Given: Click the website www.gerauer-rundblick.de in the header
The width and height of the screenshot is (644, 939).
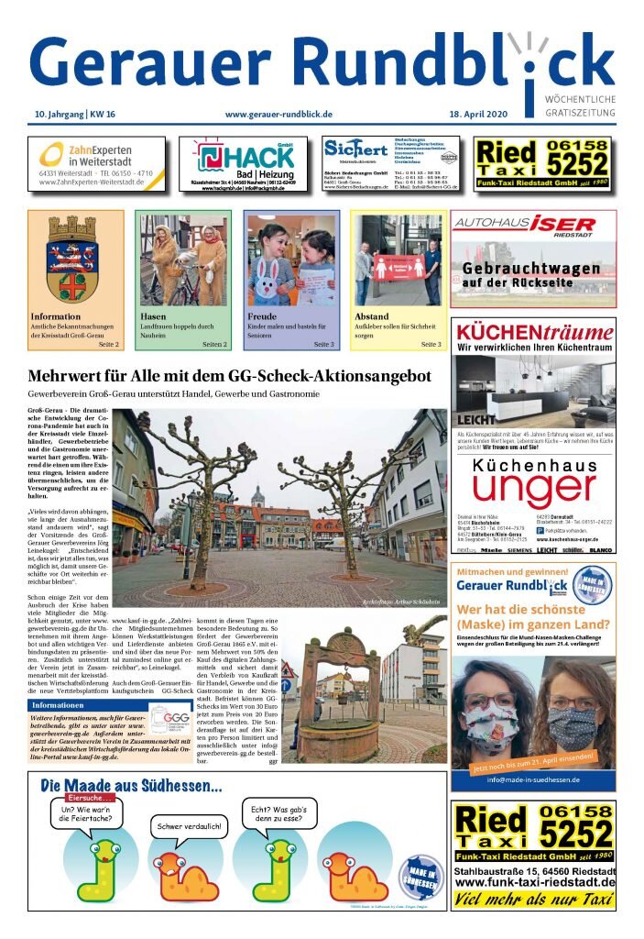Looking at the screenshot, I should [x=278, y=114].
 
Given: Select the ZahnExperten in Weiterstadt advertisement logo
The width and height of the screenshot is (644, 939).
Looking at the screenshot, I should [x=97, y=156].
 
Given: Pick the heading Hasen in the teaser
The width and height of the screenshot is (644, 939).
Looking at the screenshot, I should [x=154, y=316].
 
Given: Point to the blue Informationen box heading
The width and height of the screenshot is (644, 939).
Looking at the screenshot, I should [x=59, y=705].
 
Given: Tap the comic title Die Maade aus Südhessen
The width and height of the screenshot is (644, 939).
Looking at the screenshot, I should [x=131, y=787].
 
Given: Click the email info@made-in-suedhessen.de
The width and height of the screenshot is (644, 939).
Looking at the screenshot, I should [x=532, y=779].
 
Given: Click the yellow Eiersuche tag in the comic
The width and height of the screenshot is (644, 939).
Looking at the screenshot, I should [x=82, y=798].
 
